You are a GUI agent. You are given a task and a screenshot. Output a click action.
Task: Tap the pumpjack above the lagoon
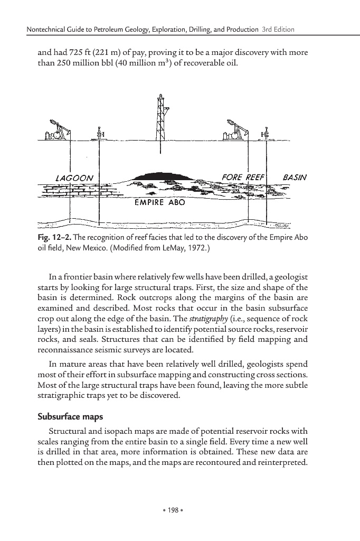(x=58, y=129)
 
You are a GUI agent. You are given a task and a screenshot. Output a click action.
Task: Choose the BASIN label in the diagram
(x=295, y=177)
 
